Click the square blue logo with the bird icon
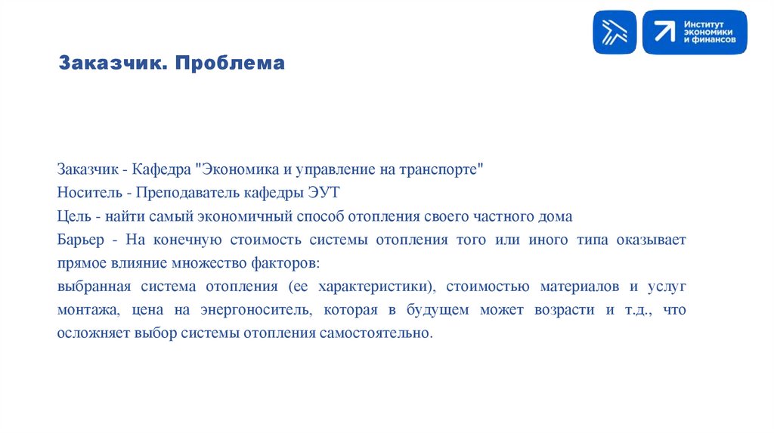tap(615, 32)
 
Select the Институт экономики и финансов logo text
tap(709, 32)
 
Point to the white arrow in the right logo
tap(664, 32)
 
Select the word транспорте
tap(440, 169)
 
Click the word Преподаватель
tap(181, 193)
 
